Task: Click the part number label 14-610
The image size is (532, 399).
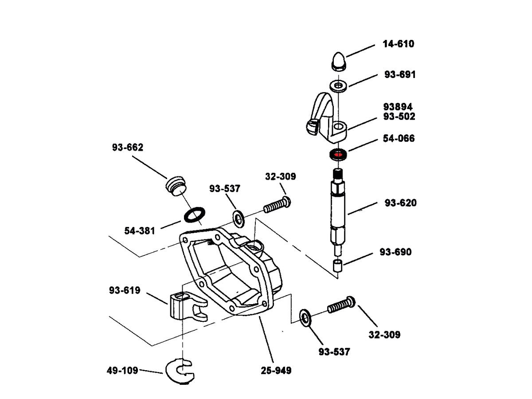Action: click(398, 44)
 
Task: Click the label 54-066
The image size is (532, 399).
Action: click(399, 138)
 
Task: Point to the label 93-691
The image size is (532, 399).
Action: click(400, 74)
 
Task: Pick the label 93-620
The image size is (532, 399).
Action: click(400, 203)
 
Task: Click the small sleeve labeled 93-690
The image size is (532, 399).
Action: click(338, 266)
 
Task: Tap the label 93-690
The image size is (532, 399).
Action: click(395, 252)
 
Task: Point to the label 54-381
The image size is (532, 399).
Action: click(140, 231)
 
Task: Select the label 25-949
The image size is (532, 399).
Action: click(276, 370)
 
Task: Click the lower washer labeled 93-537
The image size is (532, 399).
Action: click(305, 317)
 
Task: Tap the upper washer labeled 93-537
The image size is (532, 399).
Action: click(239, 218)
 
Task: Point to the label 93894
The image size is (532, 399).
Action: click(398, 107)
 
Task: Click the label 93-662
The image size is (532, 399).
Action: click(127, 148)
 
